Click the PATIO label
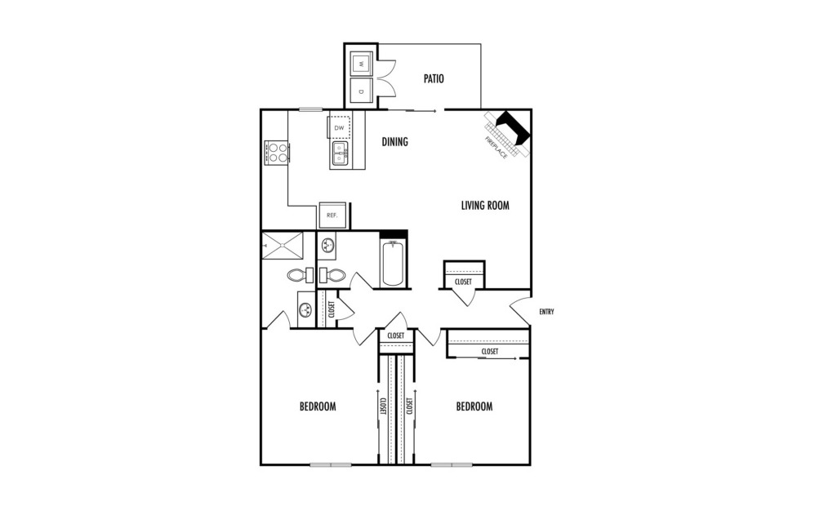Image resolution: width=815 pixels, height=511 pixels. pyautogui.click(x=434, y=79)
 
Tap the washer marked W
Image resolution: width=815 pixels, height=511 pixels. pyautogui.click(x=360, y=63)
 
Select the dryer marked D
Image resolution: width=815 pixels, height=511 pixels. pyautogui.click(x=360, y=91)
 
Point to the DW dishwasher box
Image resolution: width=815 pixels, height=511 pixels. pyautogui.click(x=339, y=128)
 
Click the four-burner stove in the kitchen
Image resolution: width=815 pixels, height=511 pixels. pyautogui.click(x=277, y=153)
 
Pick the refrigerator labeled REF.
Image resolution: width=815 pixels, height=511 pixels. pyautogui.click(x=332, y=215)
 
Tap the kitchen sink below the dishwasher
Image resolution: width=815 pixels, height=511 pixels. pyautogui.click(x=341, y=153)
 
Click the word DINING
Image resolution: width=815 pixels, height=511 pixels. pyautogui.click(x=394, y=142)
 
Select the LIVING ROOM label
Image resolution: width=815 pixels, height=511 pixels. pyautogui.click(x=485, y=206)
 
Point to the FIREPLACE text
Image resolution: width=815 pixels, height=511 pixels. pyautogui.click(x=496, y=146)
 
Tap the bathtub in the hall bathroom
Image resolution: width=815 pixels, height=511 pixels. pyautogui.click(x=393, y=262)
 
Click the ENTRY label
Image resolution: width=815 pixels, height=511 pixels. pyautogui.click(x=547, y=312)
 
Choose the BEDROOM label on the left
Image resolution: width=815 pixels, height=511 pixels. pyautogui.click(x=318, y=407)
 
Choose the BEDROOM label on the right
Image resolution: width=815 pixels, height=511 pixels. pyautogui.click(x=474, y=407)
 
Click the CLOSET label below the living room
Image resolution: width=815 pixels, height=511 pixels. pyautogui.click(x=463, y=282)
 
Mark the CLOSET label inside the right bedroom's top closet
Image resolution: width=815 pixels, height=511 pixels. pyautogui.click(x=489, y=352)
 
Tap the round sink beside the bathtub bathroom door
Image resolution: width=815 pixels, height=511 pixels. pyautogui.click(x=327, y=245)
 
